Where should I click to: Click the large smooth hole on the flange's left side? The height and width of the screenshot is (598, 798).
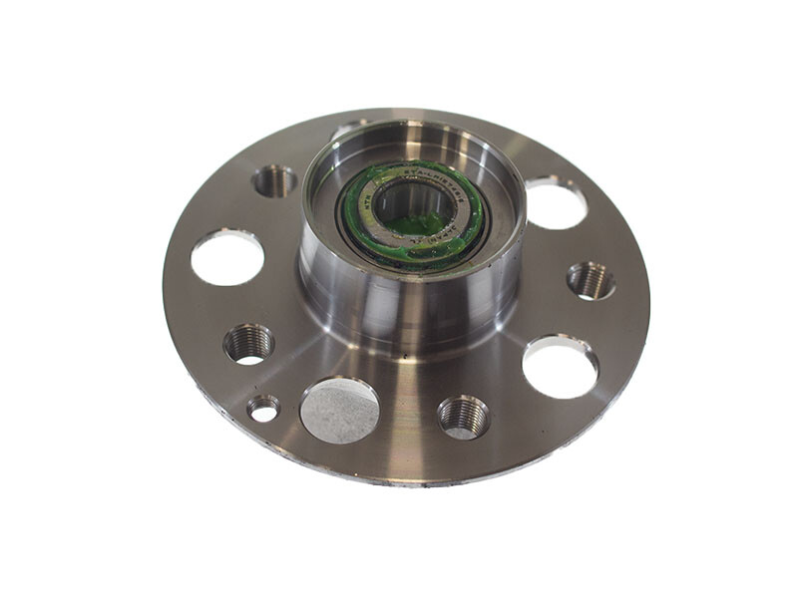point(227,256)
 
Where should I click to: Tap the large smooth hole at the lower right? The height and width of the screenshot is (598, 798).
point(560,366)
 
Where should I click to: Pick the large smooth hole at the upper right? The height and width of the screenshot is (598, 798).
point(556,202)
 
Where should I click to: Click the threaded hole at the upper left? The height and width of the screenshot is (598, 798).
point(274,180)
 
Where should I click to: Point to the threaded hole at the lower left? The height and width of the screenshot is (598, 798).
point(248,343)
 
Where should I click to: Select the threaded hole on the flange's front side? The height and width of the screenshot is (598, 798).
point(463,415)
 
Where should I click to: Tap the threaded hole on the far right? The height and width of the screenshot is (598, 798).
point(591,280)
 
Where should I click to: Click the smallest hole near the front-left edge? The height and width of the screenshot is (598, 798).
point(263,407)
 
